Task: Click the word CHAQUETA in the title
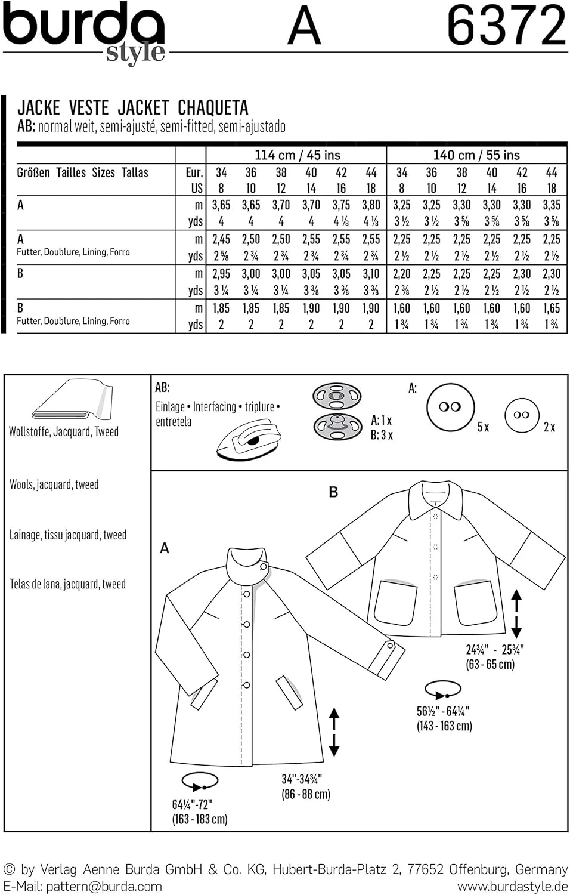coord(213,108)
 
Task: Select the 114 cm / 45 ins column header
coord(297,155)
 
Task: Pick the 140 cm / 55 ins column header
coord(476,155)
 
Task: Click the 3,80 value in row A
coord(371,205)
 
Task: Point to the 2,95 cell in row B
coord(221,274)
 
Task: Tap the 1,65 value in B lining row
coord(552,308)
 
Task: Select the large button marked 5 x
coord(451,407)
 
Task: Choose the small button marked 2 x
coord(521,415)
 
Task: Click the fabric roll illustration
coord(72,400)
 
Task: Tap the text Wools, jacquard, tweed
coord(54,484)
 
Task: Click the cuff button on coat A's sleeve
coord(391,645)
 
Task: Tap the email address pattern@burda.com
coord(104,887)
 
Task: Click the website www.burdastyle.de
coord(512,887)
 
